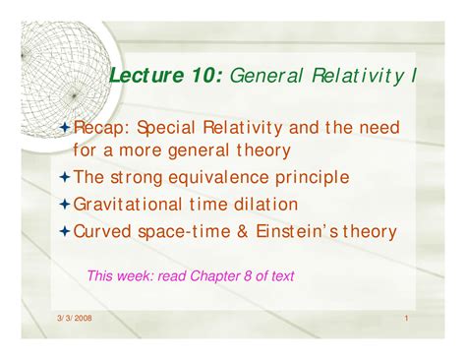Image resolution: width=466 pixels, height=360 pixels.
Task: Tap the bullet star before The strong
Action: click(x=66, y=178)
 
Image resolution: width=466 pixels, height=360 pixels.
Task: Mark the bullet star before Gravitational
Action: click(x=66, y=206)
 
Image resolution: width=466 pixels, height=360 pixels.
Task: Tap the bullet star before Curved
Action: click(x=66, y=233)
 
